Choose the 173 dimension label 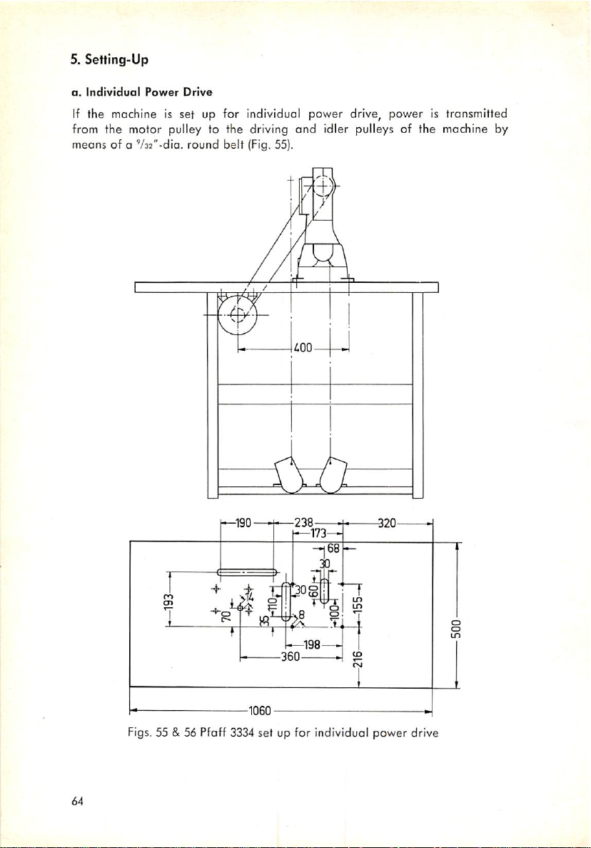point(317,534)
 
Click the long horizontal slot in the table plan point(247,572)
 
